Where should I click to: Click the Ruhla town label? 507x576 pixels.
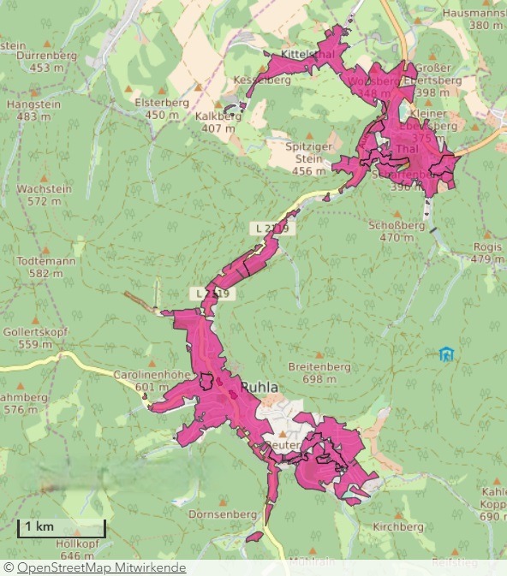[259, 388]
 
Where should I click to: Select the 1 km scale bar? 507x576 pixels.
[63, 528]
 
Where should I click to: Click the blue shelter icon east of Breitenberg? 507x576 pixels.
[444, 354]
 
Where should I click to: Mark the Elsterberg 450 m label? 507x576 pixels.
[167, 108]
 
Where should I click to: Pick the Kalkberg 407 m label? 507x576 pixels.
[215, 122]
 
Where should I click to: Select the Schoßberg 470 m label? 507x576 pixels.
[397, 231]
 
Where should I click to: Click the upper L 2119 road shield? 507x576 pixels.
[272, 229]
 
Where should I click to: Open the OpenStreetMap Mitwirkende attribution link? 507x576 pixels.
[101, 567]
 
